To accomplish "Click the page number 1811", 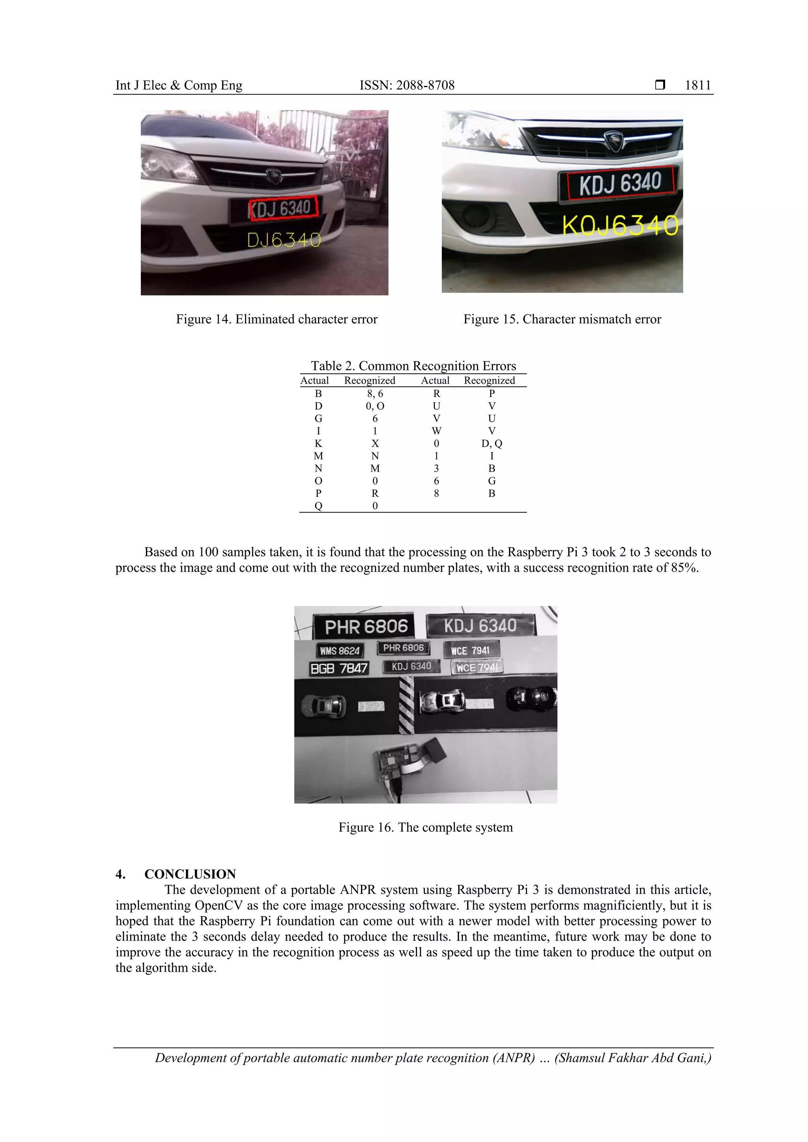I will (x=698, y=85).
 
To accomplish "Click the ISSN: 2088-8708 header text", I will (x=407, y=85).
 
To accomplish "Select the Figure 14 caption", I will (x=277, y=319).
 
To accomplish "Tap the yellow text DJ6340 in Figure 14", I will (x=284, y=241).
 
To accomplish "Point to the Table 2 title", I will (x=413, y=366).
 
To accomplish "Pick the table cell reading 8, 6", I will (x=375, y=394).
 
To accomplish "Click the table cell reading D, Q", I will (x=492, y=443).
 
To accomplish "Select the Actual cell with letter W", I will (x=436, y=431).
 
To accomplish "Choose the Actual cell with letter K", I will (x=318, y=443).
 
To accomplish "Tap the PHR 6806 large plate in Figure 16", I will (x=366, y=627).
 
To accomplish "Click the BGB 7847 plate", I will (x=339, y=668).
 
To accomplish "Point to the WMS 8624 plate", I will (x=339, y=651).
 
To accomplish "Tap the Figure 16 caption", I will (x=425, y=827).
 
